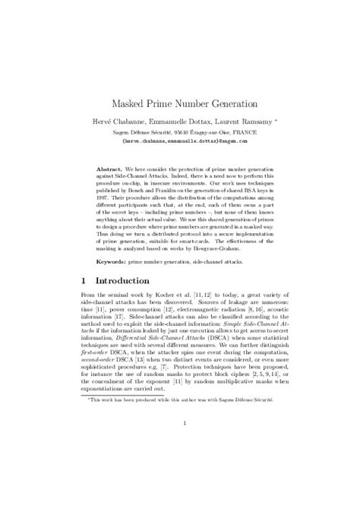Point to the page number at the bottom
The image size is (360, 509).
pyautogui.click(x=179, y=446)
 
